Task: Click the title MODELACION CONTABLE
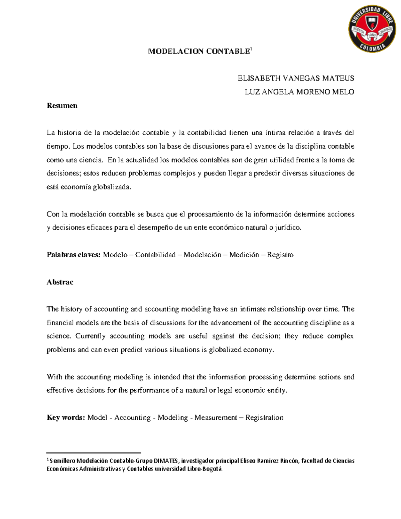point(199,51)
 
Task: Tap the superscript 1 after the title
point(251,49)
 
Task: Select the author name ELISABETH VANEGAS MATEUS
point(296,79)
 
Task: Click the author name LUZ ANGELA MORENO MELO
point(299,92)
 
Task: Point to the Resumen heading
point(62,106)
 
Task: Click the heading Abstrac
point(60,282)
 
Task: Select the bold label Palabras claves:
point(74,255)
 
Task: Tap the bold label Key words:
point(66,418)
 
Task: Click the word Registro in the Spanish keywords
point(280,255)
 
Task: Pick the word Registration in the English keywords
point(264,418)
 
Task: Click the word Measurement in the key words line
point(216,418)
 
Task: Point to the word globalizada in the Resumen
point(112,187)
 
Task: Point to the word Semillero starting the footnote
point(62,461)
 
